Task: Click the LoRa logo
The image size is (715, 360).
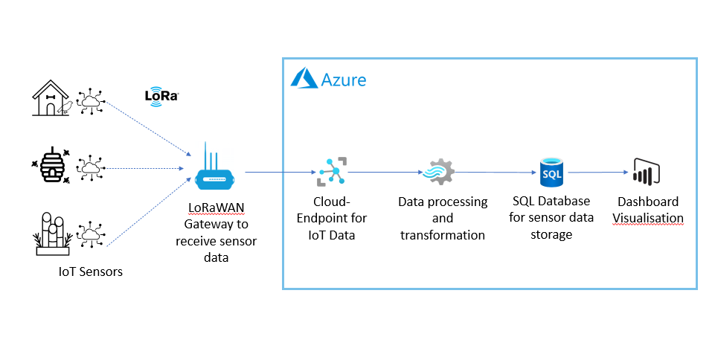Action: (x=162, y=96)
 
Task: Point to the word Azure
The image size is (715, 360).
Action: (x=344, y=80)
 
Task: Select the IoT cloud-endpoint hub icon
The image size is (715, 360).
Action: (x=332, y=172)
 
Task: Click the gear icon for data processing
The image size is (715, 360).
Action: (x=437, y=173)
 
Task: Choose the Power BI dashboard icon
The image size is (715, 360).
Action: (x=645, y=173)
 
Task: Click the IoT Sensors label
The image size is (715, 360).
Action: (x=91, y=272)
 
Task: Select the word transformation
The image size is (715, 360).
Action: (x=443, y=235)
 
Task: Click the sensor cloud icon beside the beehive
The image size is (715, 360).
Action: (x=91, y=169)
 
